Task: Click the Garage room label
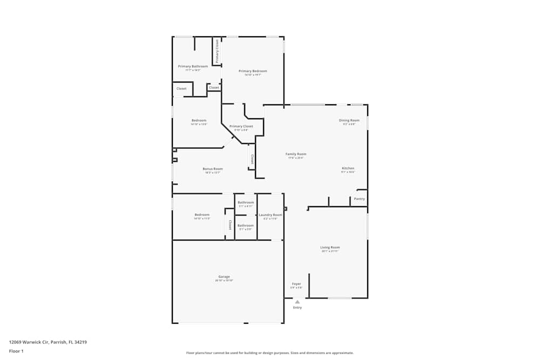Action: coord(224,277)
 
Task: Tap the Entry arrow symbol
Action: coord(297,302)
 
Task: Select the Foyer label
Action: coord(296,283)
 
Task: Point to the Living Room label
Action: coord(330,247)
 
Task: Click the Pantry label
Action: coord(359,199)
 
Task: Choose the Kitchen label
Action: coord(348,168)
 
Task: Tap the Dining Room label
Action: coord(349,120)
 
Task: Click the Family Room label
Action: coord(296,154)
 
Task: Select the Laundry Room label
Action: coord(270,215)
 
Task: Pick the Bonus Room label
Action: coord(212,169)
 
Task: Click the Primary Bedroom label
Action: coord(253,71)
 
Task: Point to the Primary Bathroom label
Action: coord(193,66)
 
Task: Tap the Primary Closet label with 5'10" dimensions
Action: coord(241,126)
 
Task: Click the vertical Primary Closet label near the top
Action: coord(217,52)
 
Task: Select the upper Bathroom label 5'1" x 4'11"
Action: coord(246,202)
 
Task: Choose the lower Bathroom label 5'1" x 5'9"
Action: coord(246,225)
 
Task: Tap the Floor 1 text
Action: coord(16,351)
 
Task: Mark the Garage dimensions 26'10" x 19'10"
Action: coord(224,281)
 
